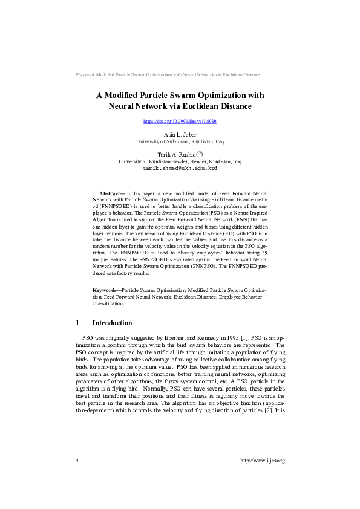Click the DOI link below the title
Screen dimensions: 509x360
[180, 121]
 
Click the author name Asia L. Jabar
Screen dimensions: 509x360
[180, 134]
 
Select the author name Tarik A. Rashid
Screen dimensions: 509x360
[175, 155]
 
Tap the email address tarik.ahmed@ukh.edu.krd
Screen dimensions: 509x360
[180, 169]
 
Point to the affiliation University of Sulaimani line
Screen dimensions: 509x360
[180, 141]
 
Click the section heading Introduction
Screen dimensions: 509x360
[112, 323]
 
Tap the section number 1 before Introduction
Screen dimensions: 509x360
[77, 323]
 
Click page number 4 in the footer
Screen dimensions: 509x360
[77, 461]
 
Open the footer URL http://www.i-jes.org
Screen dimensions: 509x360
[262, 461]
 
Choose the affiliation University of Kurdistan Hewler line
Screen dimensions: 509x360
[180, 162]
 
